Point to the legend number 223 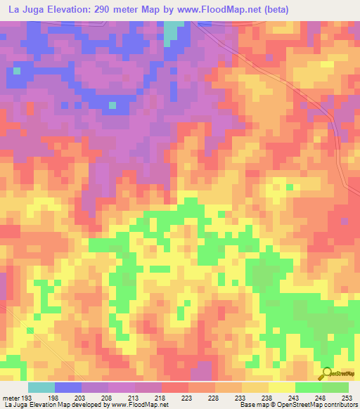(x=187, y=398)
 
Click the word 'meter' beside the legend (x=12, y=398)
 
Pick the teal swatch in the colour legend (x=41, y=387)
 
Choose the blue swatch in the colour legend (x=67, y=387)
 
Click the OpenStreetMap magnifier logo (x=326, y=375)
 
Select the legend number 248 (x=321, y=398)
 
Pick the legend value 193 (x=27, y=398)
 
